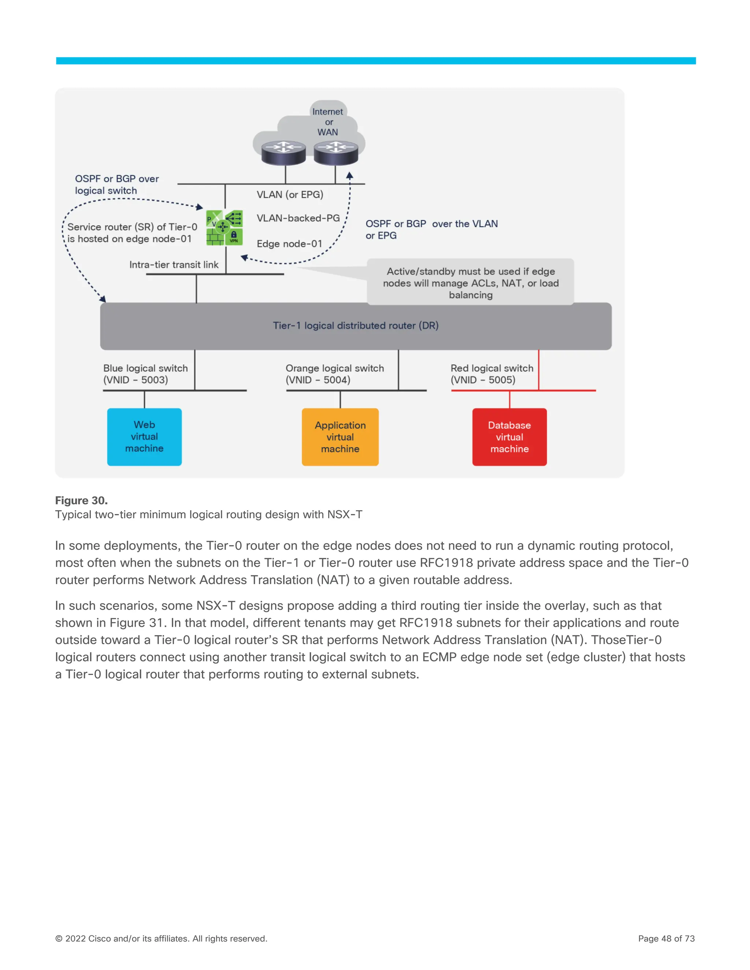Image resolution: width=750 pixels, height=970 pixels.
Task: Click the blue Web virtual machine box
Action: (x=144, y=437)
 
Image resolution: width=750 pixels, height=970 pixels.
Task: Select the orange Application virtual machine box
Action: (x=340, y=437)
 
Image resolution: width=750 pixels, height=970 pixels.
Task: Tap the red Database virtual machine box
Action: (x=509, y=437)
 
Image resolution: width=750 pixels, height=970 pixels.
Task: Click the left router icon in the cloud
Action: (x=283, y=152)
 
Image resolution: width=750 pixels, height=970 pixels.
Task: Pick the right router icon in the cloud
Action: (x=336, y=152)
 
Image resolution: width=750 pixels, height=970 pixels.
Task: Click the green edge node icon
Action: (x=224, y=228)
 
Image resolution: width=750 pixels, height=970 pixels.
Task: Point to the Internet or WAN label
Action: (x=327, y=122)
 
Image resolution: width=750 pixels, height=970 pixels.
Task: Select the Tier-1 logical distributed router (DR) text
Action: (x=356, y=325)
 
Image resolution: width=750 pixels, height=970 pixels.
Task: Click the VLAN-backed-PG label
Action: (x=298, y=218)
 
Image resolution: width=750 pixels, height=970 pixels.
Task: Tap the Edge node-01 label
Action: (x=289, y=244)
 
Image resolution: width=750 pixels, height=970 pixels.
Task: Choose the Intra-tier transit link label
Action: (x=174, y=265)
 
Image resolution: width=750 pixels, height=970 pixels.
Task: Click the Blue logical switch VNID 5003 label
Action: (x=145, y=374)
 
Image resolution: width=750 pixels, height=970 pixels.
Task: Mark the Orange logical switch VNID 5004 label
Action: (x=335, y=374)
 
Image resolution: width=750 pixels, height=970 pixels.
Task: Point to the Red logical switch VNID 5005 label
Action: (x=492, y=374)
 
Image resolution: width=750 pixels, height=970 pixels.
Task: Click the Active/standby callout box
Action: (x=471, y=283)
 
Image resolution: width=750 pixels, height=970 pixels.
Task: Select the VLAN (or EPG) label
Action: (x=290, y=194)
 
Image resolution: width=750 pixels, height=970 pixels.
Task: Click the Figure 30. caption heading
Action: (x=81, y=500)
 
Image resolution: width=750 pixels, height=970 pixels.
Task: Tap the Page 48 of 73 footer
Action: (x=666, y=939)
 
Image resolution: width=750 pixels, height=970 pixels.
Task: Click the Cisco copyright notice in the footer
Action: (x=161, y=939)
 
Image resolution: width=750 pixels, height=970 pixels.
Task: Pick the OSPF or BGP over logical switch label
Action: (x=116, y=184)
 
